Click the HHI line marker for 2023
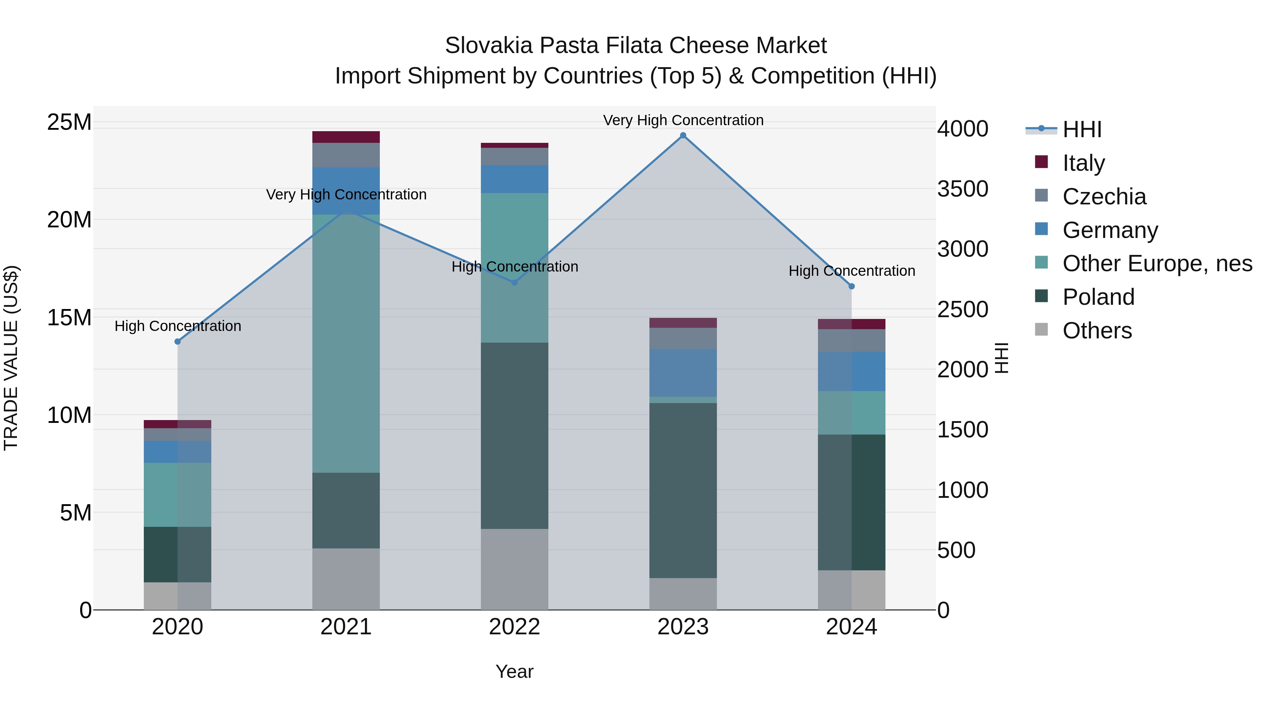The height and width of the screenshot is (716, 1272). coord(683,135)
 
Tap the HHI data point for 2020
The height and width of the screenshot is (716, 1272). coord(178,342)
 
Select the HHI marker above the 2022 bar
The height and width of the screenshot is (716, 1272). coord(514,283)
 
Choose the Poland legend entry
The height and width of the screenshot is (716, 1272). coord(1098,297)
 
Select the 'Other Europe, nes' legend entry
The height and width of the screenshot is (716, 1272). coord(1157,263)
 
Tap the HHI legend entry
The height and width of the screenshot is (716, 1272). coord(1082,129)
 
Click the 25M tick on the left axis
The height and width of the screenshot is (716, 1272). coord(69,122)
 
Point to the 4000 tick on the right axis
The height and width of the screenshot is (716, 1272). coord(963,129)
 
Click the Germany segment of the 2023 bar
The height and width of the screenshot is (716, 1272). coord(683,373)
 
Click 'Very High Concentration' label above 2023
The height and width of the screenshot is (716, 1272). coord(683,120)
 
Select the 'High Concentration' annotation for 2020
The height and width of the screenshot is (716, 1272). coord(178,326)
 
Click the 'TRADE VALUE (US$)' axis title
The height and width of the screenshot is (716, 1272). coord(11,358)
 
